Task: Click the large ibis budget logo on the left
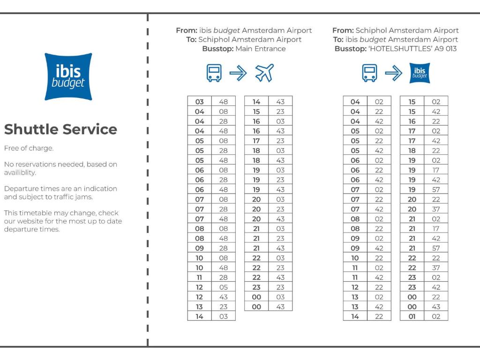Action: (68, 76)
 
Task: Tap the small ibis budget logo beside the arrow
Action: (420, 73)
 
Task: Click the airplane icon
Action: (264, 73)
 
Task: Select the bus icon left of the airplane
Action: (214, 73)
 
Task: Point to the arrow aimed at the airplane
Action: (238, 73)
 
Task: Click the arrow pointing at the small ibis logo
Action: (393, 73)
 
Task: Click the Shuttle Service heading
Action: (60, 129)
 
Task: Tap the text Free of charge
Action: (29, 149)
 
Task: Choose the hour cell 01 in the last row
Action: (412, 316)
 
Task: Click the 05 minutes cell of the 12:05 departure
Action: (224, 287)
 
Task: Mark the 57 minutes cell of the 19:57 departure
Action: (436, 190)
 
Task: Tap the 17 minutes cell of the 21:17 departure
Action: (436, 229)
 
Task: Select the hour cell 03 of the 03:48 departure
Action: (200, 102)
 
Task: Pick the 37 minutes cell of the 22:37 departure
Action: (436, 268)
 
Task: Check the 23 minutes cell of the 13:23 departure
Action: (224, 307)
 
